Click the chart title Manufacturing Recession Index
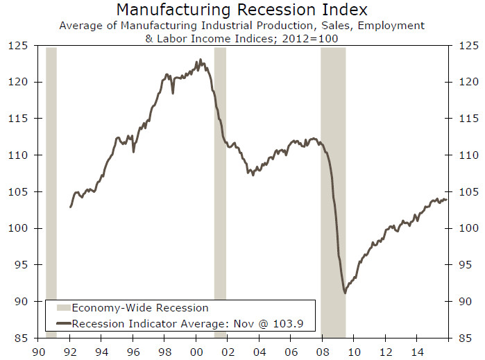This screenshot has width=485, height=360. [242, 10]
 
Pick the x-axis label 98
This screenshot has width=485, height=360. [164, 352]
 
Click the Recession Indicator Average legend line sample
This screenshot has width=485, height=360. [62, 323]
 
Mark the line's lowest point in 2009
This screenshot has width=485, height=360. [346, 293]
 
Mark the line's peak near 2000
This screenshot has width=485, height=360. [200, 60]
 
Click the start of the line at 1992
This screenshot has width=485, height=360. [71, 207]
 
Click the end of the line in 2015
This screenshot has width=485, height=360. [447, 200]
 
